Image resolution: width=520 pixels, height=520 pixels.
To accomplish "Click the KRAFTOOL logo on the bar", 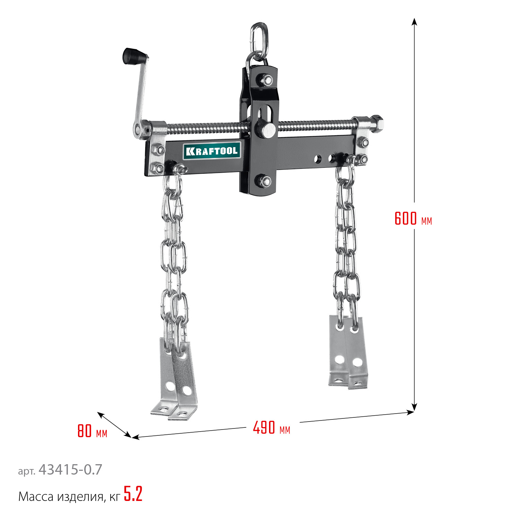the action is [x=212, y=151].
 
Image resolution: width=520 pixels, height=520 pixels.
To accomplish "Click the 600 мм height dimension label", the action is [x=414, y=218].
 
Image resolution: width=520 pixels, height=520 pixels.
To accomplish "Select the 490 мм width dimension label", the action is [x=271, y=427].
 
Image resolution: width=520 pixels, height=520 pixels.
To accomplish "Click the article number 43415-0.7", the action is [x=70, y=470].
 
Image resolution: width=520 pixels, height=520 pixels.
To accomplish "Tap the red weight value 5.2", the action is [x=133, y=494].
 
